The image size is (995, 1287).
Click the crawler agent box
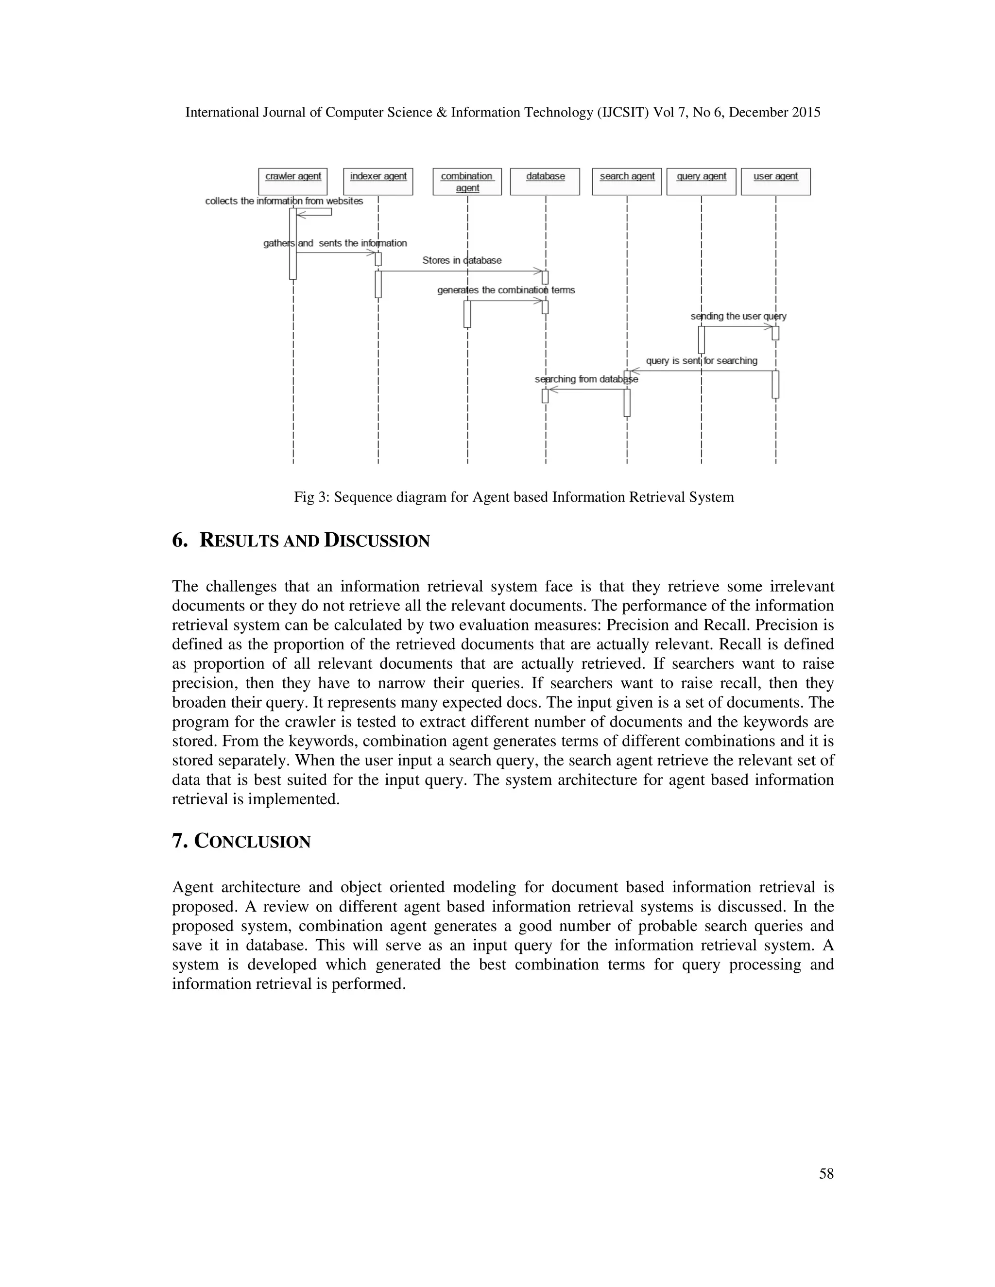pos(293,181)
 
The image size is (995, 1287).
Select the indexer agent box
pos(378,181)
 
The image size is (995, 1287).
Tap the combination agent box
pos(467,182)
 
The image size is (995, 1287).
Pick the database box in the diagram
pos(545,181)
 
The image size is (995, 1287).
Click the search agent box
pos(627,181)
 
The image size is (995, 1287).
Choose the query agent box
pos(702,181)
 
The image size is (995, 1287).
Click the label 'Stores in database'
pos(462,260)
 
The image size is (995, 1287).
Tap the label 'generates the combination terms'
pos(506,290)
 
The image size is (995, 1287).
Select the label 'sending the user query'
pos(738,317)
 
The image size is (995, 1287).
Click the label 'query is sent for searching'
pos(702,361)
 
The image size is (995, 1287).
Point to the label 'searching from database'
pos(586,379)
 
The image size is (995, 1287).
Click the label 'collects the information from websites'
pos(284,201)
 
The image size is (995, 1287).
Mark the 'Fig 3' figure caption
pos(514,497)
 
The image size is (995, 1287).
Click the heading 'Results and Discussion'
pos(301,541)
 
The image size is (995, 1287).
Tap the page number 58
pos(826,1174)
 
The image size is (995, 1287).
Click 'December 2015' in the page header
pos(774,113)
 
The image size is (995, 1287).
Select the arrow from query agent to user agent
pos(737,326)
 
